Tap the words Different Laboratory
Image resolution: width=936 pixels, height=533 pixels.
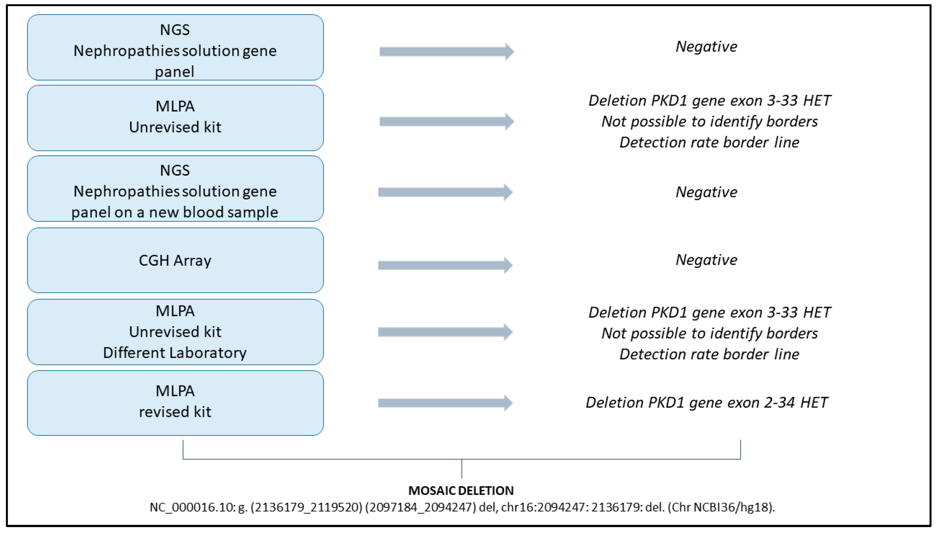coord(175,353)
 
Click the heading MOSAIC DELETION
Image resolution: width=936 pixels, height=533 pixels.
coord(461,490)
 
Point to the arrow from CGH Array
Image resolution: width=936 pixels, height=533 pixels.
coord(445,265)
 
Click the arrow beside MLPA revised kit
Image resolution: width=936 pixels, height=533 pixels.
coord(445,403)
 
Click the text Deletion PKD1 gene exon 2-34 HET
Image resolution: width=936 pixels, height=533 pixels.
coord(706,402)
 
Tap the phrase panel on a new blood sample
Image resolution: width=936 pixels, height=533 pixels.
coord(175,212)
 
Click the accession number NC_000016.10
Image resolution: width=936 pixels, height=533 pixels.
coord(192,507)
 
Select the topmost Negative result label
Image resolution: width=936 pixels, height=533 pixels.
coord(706,46)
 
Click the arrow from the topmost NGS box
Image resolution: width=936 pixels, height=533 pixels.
coord(446,52)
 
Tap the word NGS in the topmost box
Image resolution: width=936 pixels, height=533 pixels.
coord(175,30)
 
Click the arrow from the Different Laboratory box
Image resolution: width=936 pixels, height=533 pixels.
coord(445,332)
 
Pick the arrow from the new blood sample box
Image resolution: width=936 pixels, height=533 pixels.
coord(445,192)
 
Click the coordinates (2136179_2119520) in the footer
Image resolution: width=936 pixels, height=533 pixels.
coord(307,507)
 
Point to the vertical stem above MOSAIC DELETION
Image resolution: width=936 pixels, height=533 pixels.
coord(462,469)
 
